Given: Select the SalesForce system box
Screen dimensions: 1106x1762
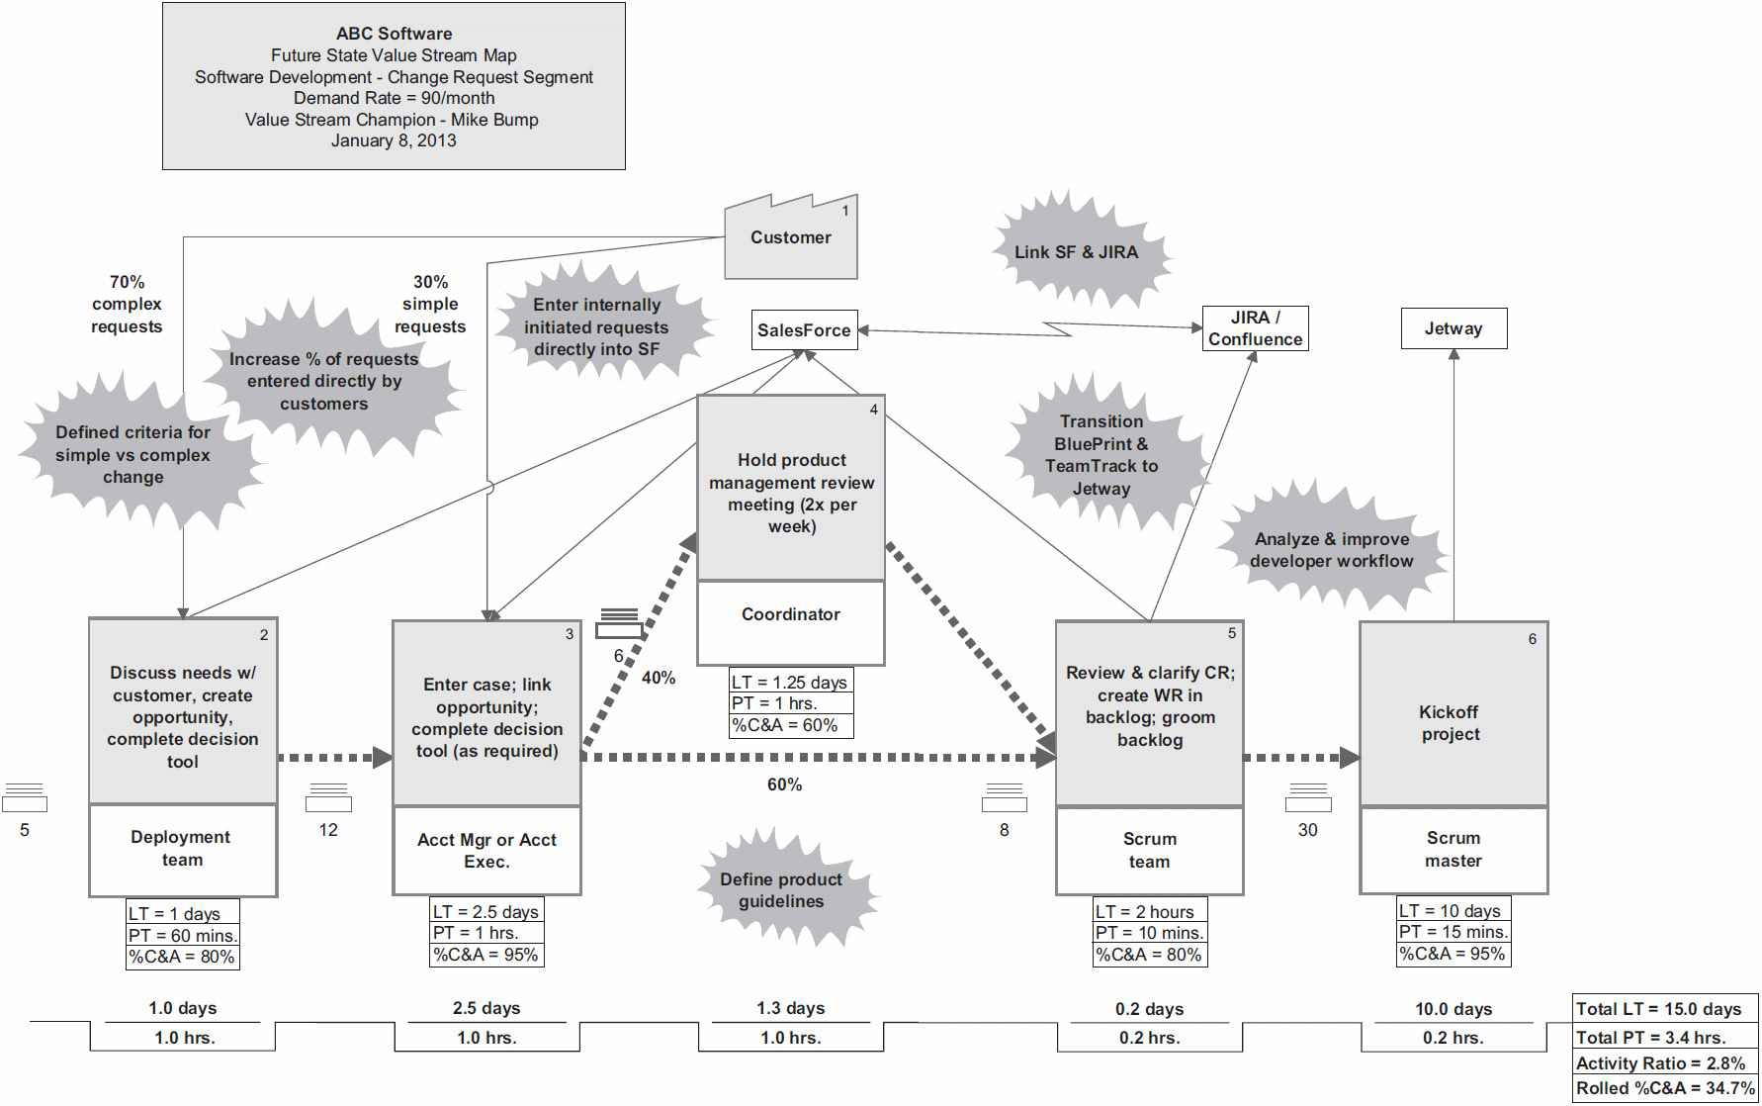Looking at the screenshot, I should coord(804,330).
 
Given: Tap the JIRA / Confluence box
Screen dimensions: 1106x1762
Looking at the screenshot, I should coord(1255,328).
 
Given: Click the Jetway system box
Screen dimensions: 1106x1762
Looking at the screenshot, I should coord(1454,328).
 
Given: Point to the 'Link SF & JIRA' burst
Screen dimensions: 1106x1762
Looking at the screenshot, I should coord(1077,252).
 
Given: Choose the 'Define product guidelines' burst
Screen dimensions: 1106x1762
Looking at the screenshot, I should coord(781,890).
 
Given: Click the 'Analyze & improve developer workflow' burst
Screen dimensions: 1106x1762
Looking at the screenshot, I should coord(1331,550).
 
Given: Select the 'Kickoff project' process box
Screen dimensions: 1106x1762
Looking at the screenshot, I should coord(1452,723).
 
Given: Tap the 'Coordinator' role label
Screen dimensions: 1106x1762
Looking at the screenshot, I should coord(791,615).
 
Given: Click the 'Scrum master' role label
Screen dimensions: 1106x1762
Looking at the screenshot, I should coord(1453,850).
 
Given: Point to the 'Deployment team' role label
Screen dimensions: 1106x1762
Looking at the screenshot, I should coord(182,849).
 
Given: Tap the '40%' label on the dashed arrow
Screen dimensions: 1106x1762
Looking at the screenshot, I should coord(659,678).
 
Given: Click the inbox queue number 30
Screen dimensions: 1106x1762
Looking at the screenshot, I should coord(1307,830).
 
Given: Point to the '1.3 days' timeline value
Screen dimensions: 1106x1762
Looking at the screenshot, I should coord(790,1008).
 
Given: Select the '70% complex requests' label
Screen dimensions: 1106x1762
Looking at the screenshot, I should coord(127,305).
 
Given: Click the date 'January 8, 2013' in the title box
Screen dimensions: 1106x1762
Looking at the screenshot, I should coord(394,140).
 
